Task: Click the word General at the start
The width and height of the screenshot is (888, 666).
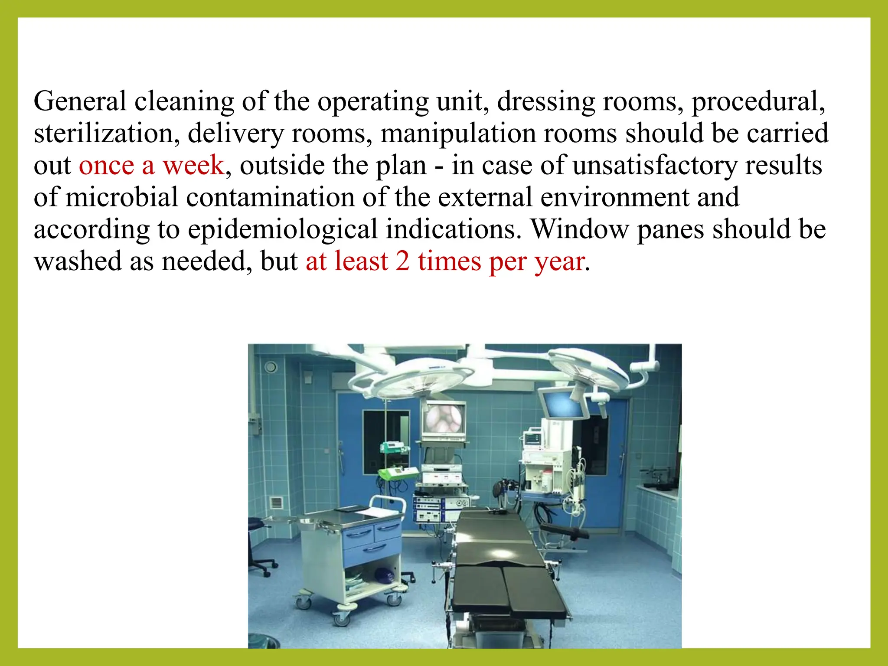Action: click(80, 101)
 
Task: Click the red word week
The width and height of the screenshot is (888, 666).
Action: click(193, 165)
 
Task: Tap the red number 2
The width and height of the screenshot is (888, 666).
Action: click(402, 261)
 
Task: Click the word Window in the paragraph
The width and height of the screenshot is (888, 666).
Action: click(580, 229)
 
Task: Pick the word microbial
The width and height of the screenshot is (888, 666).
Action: click(122, 197)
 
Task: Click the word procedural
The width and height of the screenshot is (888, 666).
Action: click(758, 101)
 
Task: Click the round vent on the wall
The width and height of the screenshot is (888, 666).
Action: click(271, 367)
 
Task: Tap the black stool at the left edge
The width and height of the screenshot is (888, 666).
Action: click(258, 546)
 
